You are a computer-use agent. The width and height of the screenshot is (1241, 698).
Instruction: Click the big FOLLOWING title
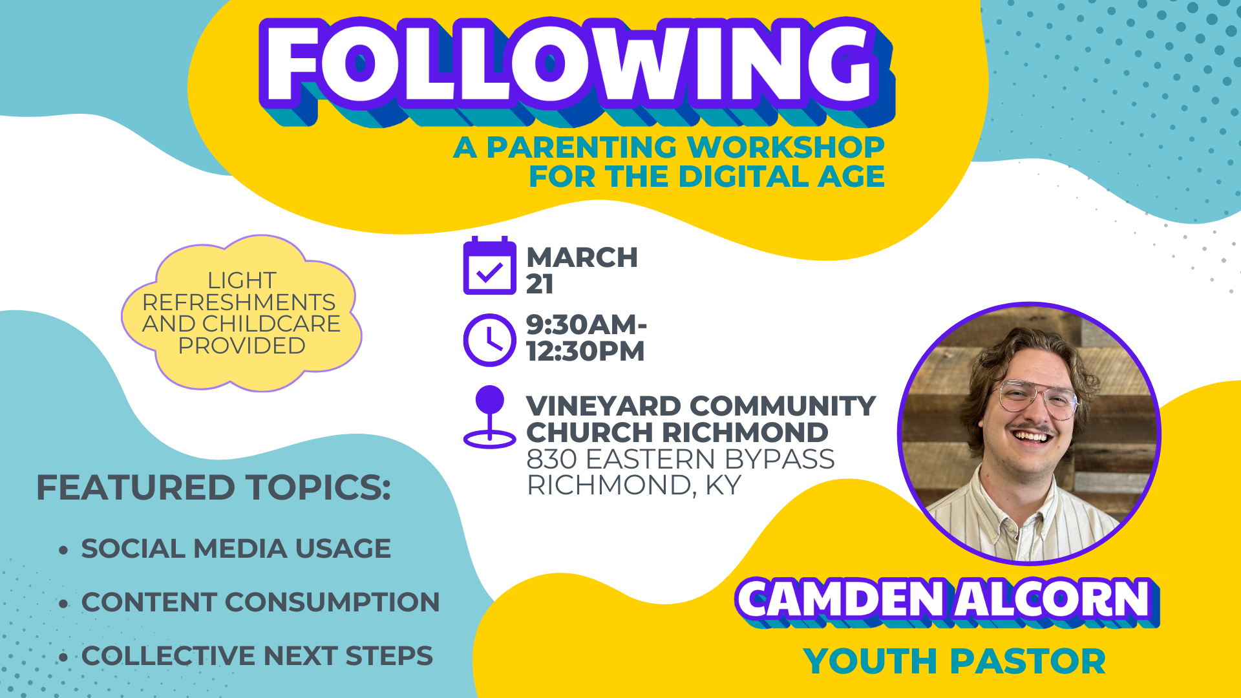[569, 65]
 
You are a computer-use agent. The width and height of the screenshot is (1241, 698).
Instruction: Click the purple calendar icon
[489, 266]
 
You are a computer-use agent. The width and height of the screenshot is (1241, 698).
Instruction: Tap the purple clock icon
[489, 340]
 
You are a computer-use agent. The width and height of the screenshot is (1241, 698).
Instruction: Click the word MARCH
[582, 257]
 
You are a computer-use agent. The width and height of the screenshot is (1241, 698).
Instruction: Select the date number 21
[540, 284]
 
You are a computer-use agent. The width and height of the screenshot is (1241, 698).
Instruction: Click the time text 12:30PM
[585, 352]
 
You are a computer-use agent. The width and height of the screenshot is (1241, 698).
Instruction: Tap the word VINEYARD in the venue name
[604, 407]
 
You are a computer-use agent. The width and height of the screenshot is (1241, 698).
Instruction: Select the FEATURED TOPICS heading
[213, 487]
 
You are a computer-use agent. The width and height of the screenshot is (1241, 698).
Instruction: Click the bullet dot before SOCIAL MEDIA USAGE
[63, 550]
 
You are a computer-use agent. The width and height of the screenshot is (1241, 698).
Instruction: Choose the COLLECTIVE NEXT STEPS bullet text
[257, 656]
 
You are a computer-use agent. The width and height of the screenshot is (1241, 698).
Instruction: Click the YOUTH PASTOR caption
[954, 661]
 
